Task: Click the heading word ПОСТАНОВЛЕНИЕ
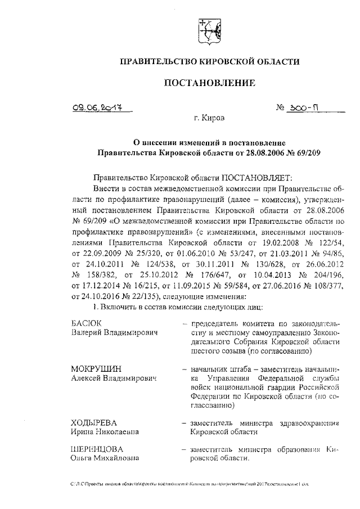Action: [x=209, y=83]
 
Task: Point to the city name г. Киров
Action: [x=209, y=119]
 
